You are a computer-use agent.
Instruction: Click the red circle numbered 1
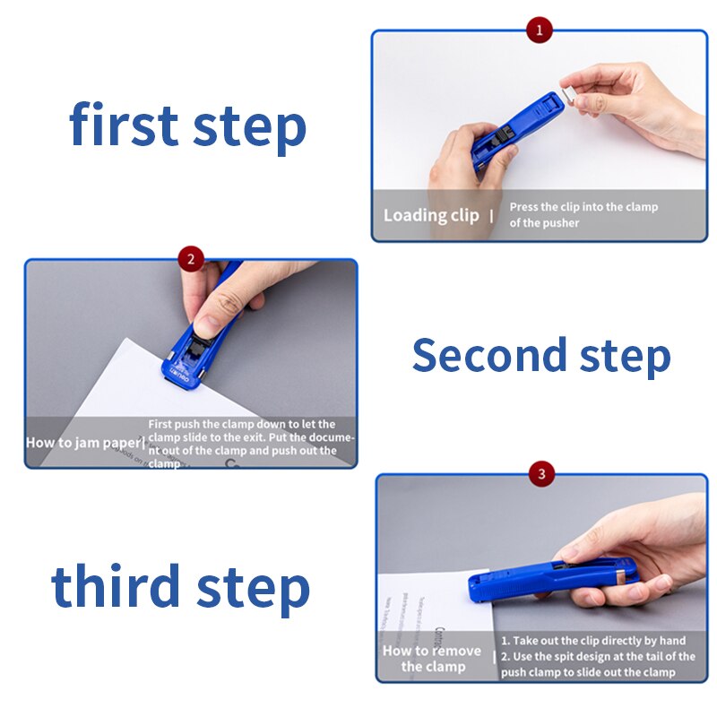[x=539, y=30]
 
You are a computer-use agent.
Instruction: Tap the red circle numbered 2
[x=190, y=260]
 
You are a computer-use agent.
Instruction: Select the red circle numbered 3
[x=541, y=473]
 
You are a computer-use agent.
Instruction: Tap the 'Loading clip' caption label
[x=431, y=215]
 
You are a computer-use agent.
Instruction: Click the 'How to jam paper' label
[x=83, y=443]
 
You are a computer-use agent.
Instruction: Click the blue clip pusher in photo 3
[x=551, y=578]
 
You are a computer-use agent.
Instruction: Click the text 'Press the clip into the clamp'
[x=583, y=207]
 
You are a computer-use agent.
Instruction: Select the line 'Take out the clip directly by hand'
[x=593, y=641]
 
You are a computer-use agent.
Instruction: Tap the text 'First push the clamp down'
[x=242, y=424]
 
